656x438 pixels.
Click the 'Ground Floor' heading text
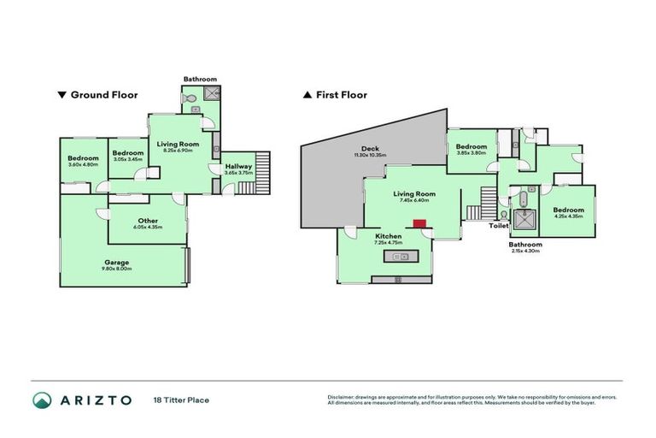click(x=103, y=95)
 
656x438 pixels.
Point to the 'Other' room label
click(x=147, y=220)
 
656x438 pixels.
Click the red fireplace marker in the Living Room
click(x=419, y=224)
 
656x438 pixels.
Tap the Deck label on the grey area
click(x=370, y=148)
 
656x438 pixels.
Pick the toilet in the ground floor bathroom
click(x=192, y=101)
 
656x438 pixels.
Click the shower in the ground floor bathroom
click(x=212, y=99)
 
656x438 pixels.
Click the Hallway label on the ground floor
click(x=238, y=166)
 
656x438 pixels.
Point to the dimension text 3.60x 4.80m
click(x=84, y=164)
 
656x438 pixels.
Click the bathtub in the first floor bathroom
click(x=520, y=201)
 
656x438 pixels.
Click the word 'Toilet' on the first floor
click(x=498, y=227)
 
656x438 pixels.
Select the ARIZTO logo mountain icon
click(x=43, y=400)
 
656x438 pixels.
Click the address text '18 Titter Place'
click(x=181, y=400)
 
